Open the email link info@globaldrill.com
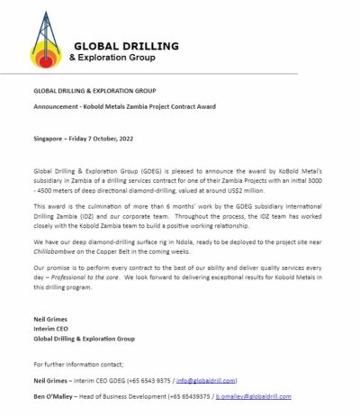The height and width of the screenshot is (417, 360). pos(223,382)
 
